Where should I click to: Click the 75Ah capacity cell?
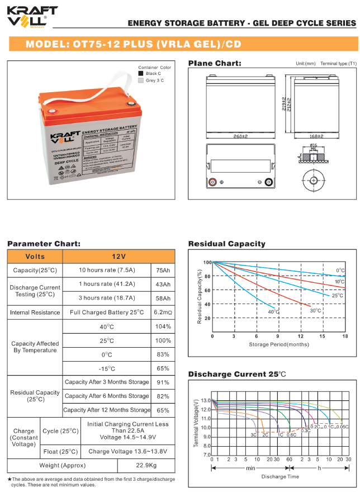point(163,271)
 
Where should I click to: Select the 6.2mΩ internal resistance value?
point(163,312)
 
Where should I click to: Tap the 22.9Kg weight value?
point(146,466)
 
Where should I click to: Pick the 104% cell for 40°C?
point(163,326)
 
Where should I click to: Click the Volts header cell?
point(35,256)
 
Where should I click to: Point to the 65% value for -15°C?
point(163,368)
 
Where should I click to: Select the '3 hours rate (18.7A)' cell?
point(107,299)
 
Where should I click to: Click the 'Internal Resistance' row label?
point(35,313)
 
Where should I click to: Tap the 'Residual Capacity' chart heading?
point(226,244)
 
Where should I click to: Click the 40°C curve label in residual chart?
point(272,312)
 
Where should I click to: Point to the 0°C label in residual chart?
point(340,271)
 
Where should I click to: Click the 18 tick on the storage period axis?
point(345,337)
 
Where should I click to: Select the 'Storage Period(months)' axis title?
point(278,344)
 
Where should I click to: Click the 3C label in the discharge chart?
point(253,434)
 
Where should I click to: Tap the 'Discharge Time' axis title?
point(280,476)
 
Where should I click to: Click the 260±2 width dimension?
point(240,136)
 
